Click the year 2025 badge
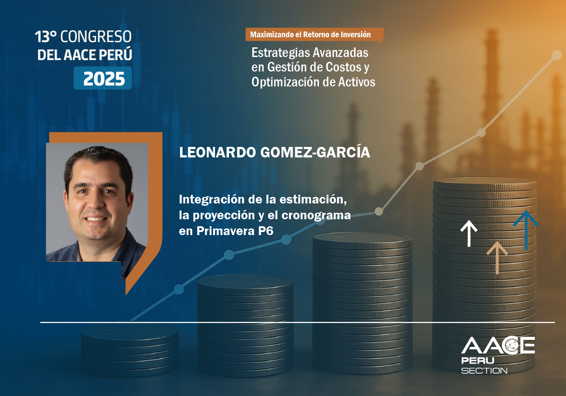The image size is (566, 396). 103,78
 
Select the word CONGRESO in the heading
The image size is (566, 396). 96,37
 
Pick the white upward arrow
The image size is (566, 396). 469,233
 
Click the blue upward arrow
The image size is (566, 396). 526,230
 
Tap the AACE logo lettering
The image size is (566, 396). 498,346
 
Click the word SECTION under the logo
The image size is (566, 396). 484,371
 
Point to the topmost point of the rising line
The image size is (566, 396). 556,55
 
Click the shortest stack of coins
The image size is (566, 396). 130,349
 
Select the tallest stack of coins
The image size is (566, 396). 484,272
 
